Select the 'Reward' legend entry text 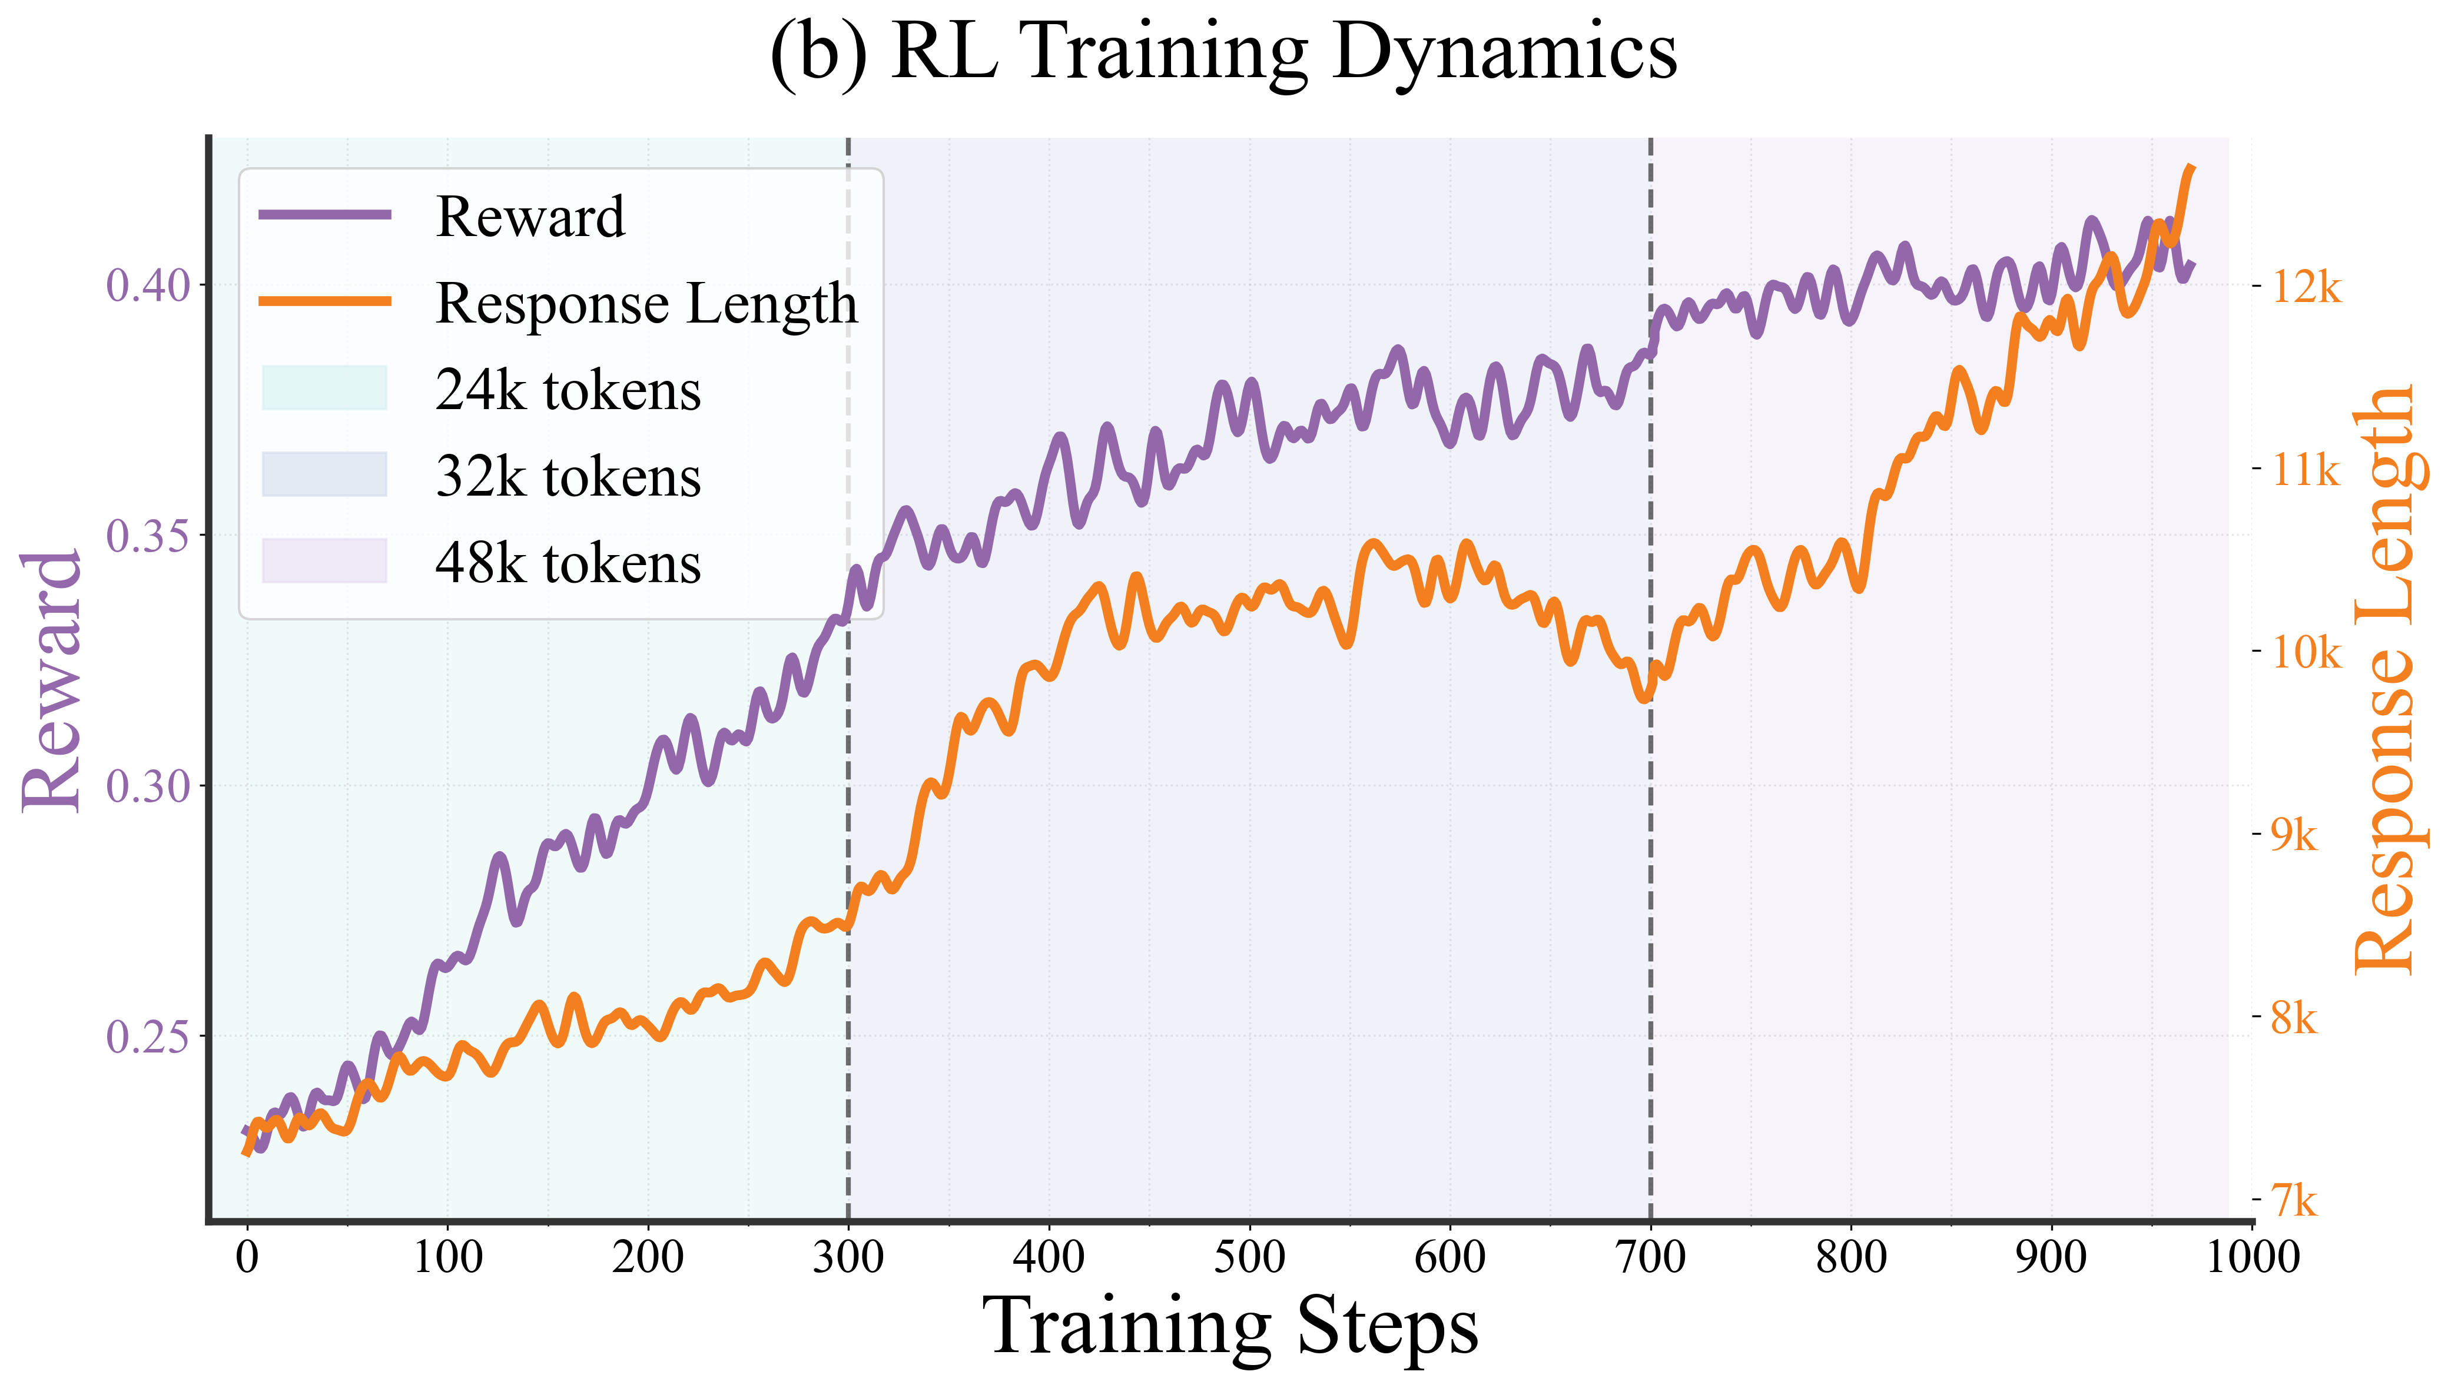click(530, 217)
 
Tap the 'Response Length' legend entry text click(646, 304)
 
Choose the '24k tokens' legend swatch click(324, 388)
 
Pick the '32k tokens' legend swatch click(324, 475)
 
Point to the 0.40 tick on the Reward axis click(149, 285)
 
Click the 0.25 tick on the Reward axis click(149, 1036)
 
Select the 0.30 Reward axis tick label click(149, 786)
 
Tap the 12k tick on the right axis click(2305, 286)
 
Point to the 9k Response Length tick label click(2293, 835)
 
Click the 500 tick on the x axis click(1249, 1257)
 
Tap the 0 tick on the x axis click(247, 1257)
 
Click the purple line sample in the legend click(324, 214)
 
